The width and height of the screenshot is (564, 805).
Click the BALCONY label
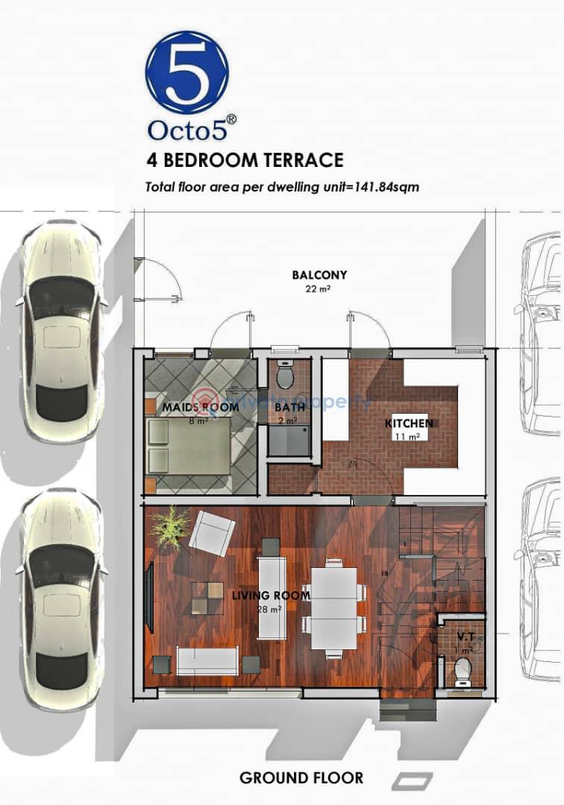(319, 275)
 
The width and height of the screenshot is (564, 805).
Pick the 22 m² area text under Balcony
(319, 288)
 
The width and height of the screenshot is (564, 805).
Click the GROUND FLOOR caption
(301, 778)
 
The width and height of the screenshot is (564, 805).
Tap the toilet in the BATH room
(286, 375)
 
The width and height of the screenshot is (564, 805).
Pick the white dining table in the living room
(333, 608)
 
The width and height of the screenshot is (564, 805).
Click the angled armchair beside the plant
(211, 532)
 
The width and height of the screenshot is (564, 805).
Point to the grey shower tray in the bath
(289, 440)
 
